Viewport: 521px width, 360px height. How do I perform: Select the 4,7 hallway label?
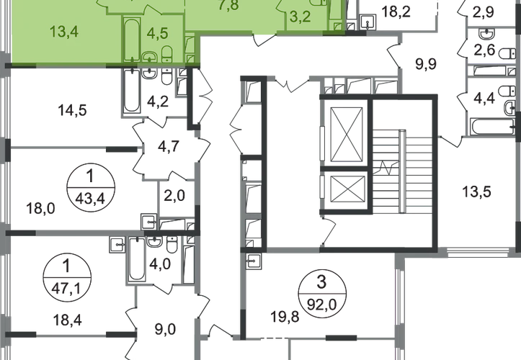(167, 150)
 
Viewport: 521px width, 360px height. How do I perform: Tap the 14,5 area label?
(72, 112)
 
